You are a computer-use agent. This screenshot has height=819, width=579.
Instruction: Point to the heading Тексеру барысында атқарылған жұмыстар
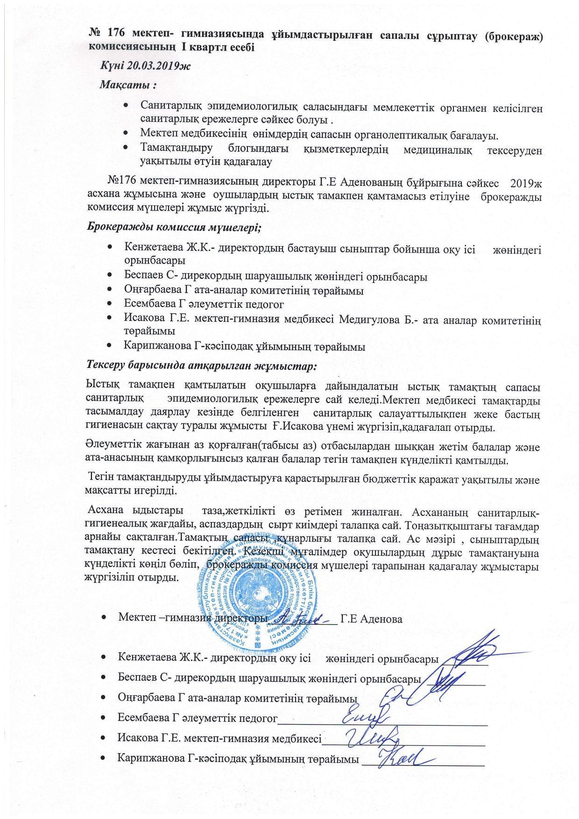pos(201,366)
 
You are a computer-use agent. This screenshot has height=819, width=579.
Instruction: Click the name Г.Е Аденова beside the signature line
pos(372,620)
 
